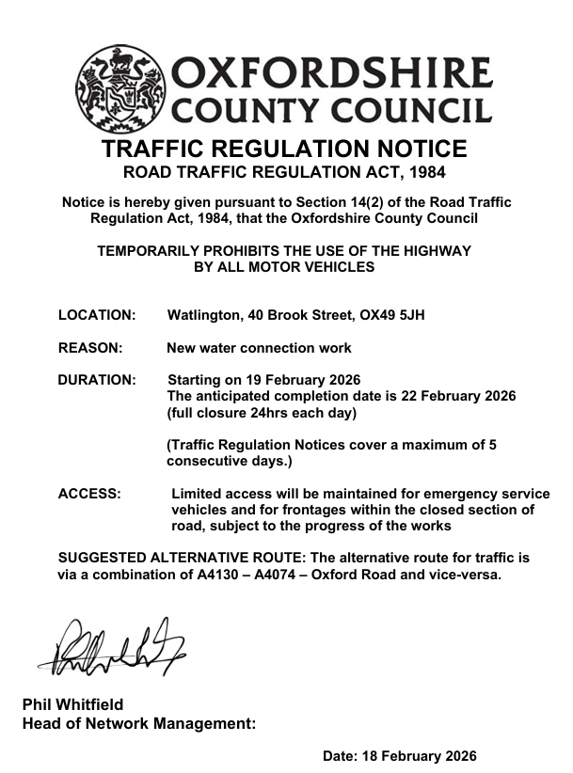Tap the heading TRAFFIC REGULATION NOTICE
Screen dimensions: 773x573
(284, 150)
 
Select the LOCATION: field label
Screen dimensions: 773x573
(97, 315)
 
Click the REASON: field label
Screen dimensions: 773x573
(90, 348)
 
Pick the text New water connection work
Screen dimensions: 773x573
(259, 348)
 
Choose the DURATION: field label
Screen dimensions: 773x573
(97, 381)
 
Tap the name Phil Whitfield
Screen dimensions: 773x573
(72, 704)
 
